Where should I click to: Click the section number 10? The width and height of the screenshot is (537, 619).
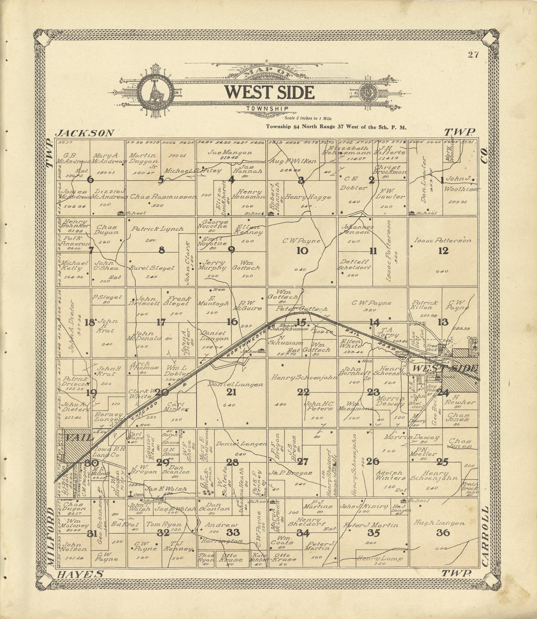(302, 251)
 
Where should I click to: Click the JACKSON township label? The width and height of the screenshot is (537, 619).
(85, 133)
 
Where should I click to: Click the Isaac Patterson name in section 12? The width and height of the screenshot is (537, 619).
(443, 240)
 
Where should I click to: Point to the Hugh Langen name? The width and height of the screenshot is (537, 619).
(439, 523)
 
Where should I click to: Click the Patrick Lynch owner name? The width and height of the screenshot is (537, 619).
(157, 229)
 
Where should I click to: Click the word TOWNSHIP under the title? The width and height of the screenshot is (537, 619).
(267, 109)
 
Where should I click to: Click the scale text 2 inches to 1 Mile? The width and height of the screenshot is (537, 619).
(308, 119)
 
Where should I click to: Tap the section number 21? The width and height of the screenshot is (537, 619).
(231, 392)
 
